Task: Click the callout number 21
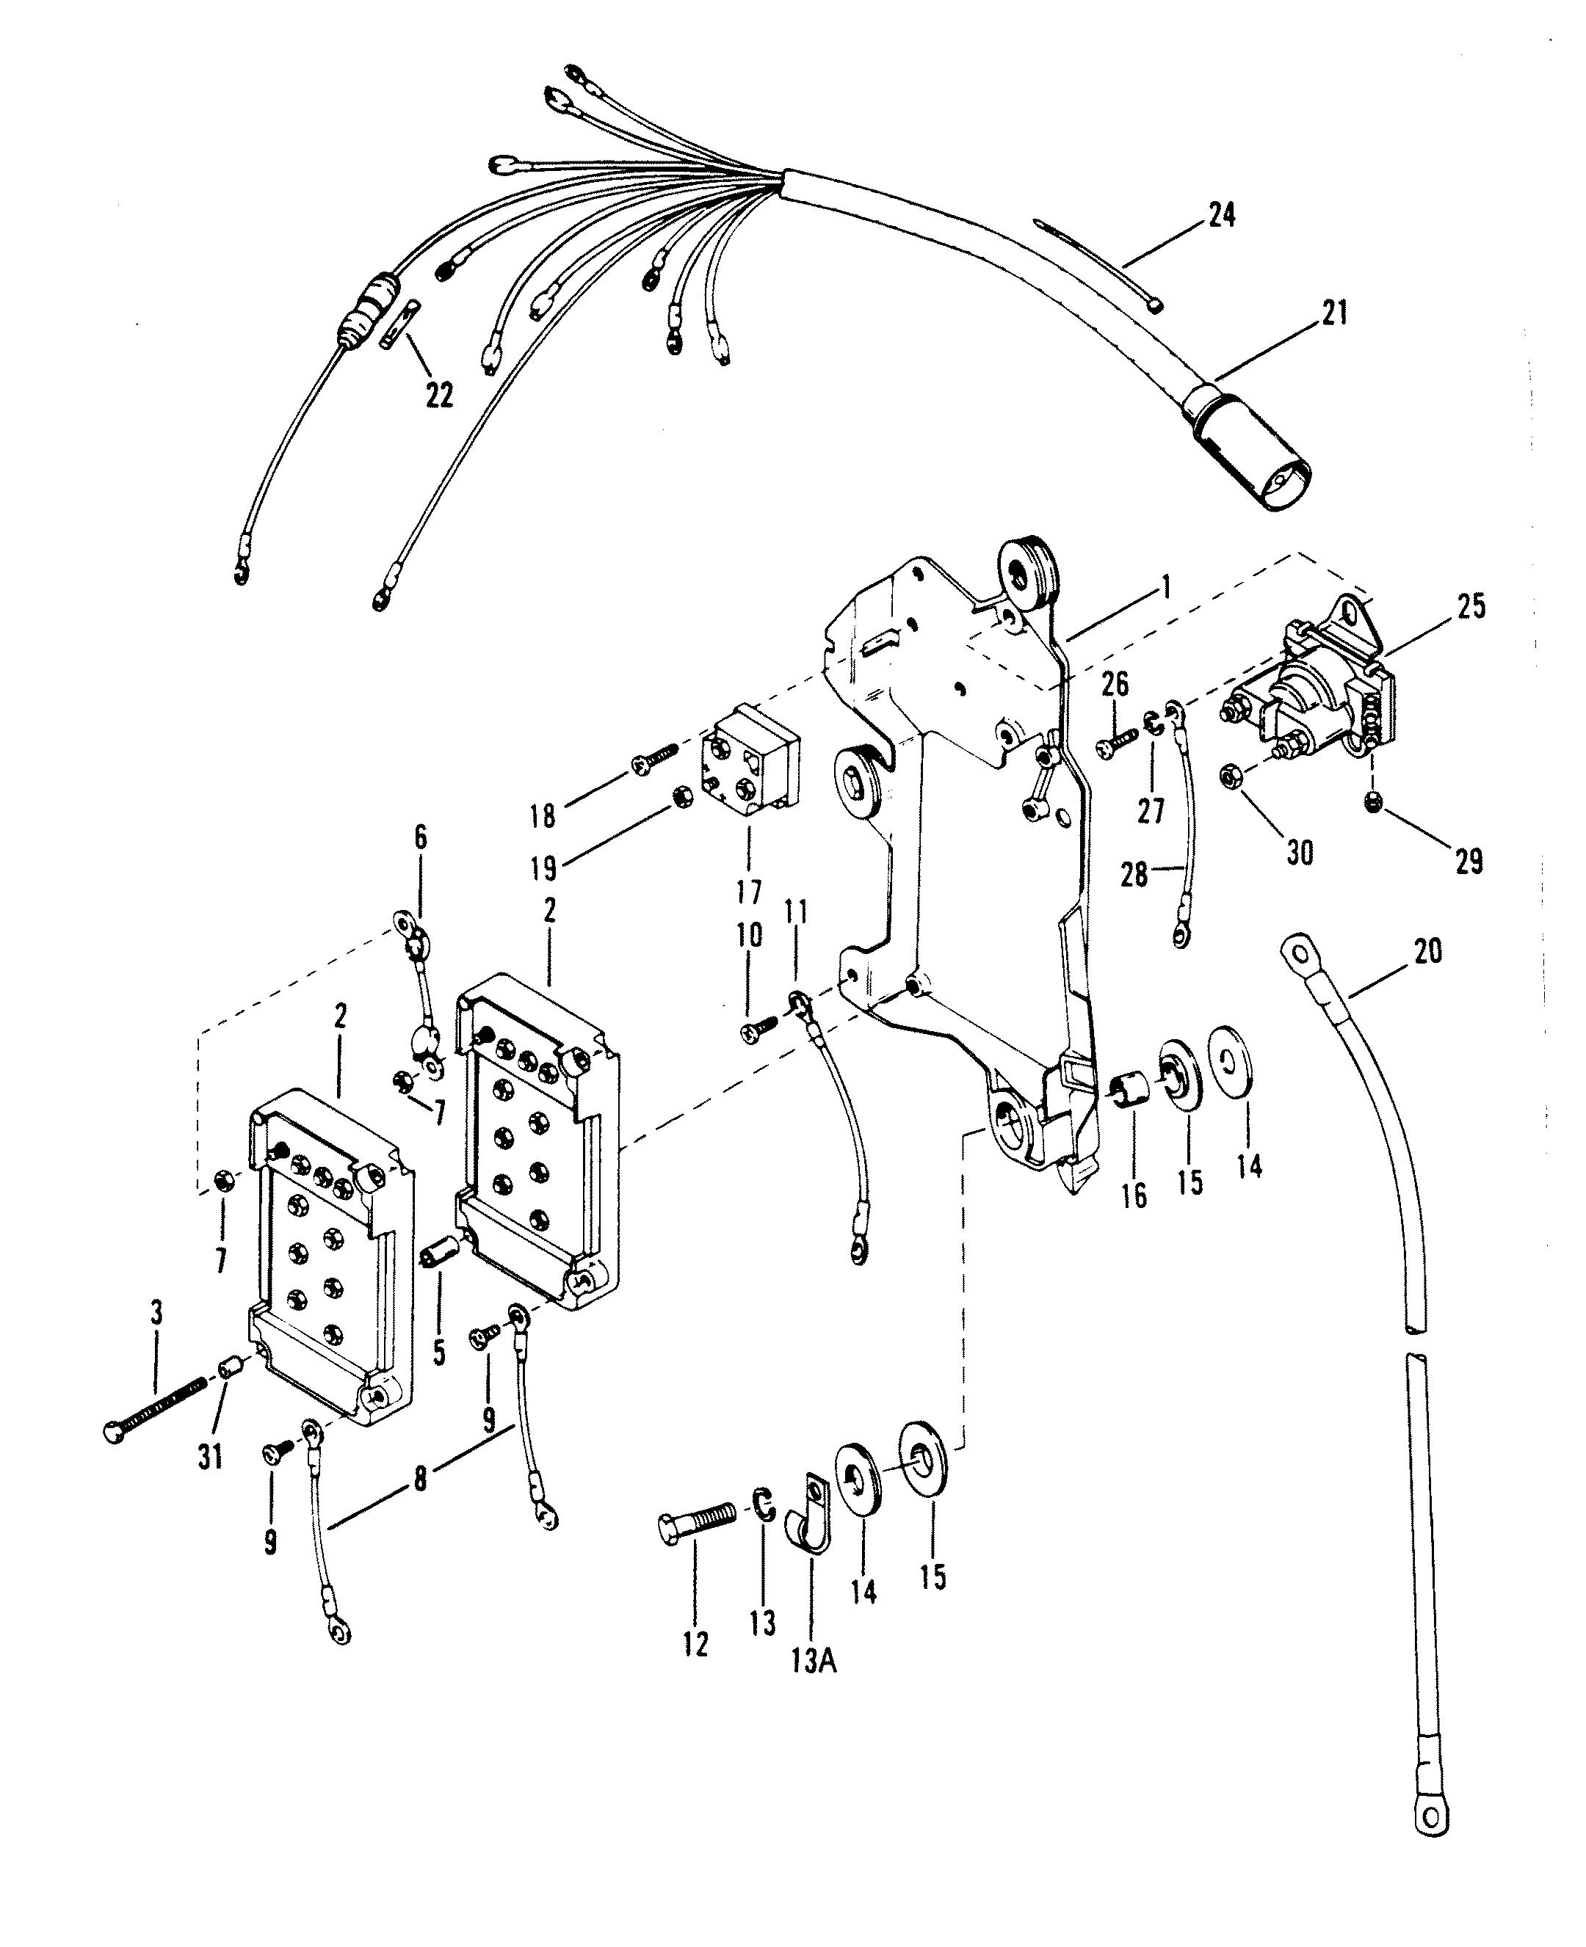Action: click(x=1334, y=313)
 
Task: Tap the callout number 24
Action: click(x=1222, y=216)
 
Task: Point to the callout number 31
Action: click(x=211, y=1457)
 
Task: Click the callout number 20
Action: click(x=1428, y=952)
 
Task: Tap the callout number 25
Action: click(x=1470, y=606)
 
